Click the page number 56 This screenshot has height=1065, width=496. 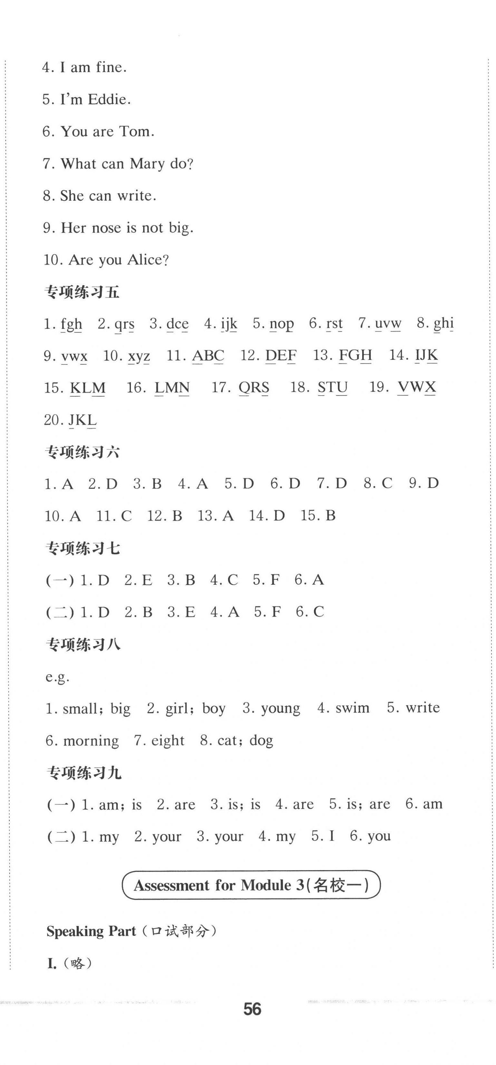252,1009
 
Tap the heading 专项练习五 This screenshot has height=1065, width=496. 82,292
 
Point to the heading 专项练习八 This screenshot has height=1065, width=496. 83,644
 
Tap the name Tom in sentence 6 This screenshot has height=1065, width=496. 136,132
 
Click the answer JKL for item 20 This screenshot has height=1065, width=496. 82,420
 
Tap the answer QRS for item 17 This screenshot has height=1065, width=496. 254,388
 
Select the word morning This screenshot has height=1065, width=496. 91,740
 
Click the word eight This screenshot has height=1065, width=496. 167,740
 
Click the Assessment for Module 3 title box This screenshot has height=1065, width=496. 251,885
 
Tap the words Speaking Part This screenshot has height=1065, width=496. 91,931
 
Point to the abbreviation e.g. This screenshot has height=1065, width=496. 58,677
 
